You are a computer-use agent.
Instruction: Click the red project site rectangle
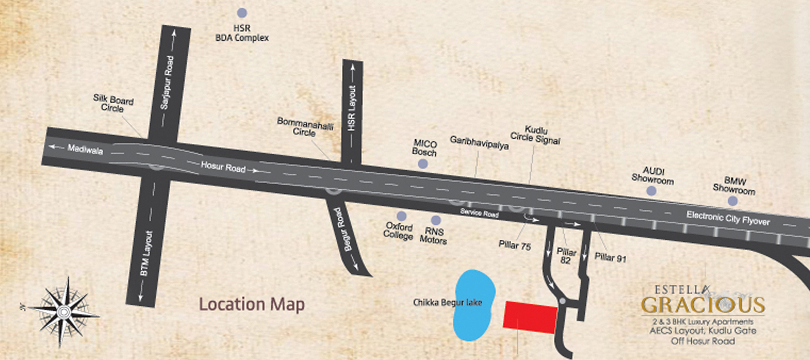(530, 317)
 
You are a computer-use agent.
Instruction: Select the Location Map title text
(252, 304)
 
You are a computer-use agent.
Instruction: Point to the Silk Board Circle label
(113, 104)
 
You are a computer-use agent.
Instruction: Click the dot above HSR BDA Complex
(242, 13)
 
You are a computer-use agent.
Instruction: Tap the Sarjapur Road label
(167, 83)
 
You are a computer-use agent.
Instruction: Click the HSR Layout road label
(352, 108)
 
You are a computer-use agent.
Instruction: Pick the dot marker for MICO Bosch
(423, 164)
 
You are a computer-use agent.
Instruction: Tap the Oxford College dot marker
(402, 216)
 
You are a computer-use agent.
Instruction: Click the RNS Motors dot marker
(436, 220)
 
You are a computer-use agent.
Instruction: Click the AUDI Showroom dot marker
(651, 191)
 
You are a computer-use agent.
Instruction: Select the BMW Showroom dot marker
(733, 201)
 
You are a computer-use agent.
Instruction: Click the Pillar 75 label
(515, 246)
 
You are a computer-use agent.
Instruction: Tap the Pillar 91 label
(610, 258)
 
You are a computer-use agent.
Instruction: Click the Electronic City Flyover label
(728, 218)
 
